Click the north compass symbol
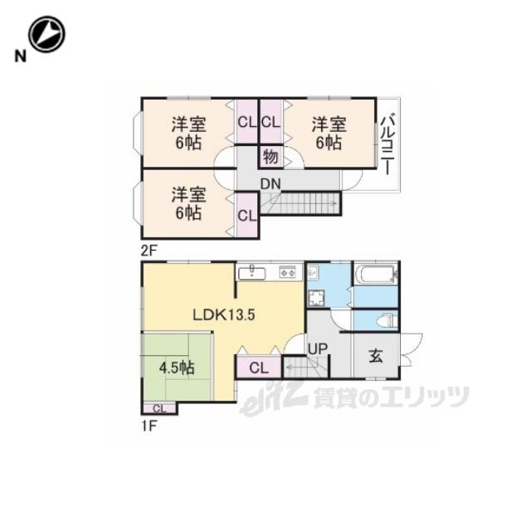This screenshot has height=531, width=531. point(46,34)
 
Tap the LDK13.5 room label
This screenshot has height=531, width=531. point(224,315)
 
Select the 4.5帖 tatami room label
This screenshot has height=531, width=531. point(177,368)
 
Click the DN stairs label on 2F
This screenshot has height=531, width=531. point(270,184)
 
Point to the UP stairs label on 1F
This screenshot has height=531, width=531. point(318,349)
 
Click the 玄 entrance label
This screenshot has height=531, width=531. point(376,356)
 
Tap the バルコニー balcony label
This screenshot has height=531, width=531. point(387,145)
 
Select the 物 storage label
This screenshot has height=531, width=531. point(270,157)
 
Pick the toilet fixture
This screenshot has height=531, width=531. point(386,320)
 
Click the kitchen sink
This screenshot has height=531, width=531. point(251,272)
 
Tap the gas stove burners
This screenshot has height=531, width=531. point(287,272)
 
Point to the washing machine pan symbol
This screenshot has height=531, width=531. point(316,298)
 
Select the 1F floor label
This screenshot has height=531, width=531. point(148,426)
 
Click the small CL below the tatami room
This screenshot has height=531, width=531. point(159,408)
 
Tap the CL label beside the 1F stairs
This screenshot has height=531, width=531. point(259,368)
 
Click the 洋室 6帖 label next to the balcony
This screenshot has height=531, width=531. point(329,134)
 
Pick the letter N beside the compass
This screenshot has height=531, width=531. point(20,56)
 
